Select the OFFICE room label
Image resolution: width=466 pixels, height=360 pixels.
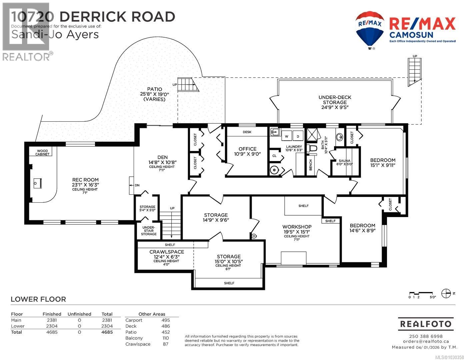pyautogui.click(x=247, y=149)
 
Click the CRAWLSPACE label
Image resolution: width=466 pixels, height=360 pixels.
pyautogui.click(x=166, y=252)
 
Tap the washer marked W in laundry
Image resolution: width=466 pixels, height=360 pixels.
pyautogui.click(x=286, y=136)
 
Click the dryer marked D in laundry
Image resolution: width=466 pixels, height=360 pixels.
pyautogui.click(x=298, y=136)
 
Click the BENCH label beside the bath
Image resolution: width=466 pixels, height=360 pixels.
pyautogui.click(x=310, y=165)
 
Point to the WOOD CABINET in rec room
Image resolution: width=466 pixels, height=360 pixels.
pyautogui.click(x=43, y=153)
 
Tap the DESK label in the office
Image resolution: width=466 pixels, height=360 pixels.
pyautogui.click(x=247, y=132)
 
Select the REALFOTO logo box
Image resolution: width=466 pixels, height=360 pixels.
pyautogui.click(x=426, y=324)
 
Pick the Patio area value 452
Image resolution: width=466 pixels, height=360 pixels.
pyautogui.click(x=165, y=332)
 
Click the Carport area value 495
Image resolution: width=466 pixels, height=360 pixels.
pyautogui.click(x=165, y=320)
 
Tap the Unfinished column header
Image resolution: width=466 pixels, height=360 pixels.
pyautogui.click(x=79, y=314)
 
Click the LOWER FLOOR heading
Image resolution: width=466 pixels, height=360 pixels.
pyautogui.click(x=38, y=299)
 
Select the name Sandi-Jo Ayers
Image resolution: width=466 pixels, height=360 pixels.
pyautogui.click(x=55, y=34)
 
